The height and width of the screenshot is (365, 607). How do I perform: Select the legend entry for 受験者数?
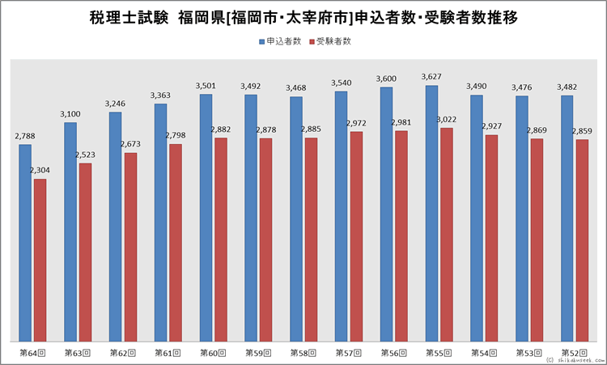click(x=333, y=40)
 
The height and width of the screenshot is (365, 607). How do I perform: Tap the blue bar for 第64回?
click(x=25, y=243)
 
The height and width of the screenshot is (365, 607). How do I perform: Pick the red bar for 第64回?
click(x=40, y=260)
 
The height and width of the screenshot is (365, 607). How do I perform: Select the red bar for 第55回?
click(x=447, y=235)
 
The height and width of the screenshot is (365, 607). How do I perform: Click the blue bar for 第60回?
click(x=206, y=218)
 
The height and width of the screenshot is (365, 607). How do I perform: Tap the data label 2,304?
click(x=40, y=171)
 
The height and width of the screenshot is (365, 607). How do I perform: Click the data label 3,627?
click(x=432, y=78)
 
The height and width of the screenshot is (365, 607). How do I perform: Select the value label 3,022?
click(x=447, y=121)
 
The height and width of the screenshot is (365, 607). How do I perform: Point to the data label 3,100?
click(x=70, y=115)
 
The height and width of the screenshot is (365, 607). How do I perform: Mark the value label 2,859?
click(x=582, y=131)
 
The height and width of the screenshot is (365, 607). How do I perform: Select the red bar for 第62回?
click(x=130, y=247)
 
